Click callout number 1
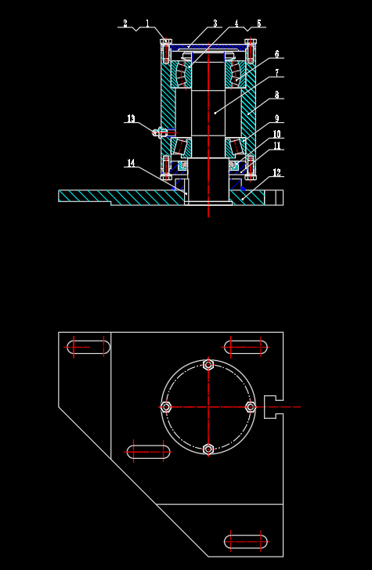147,23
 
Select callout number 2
125,23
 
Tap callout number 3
215,23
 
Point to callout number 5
259,23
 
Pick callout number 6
277,55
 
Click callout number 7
277,73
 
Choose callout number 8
277,95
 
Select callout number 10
277,134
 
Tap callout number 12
277,173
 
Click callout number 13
131,118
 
